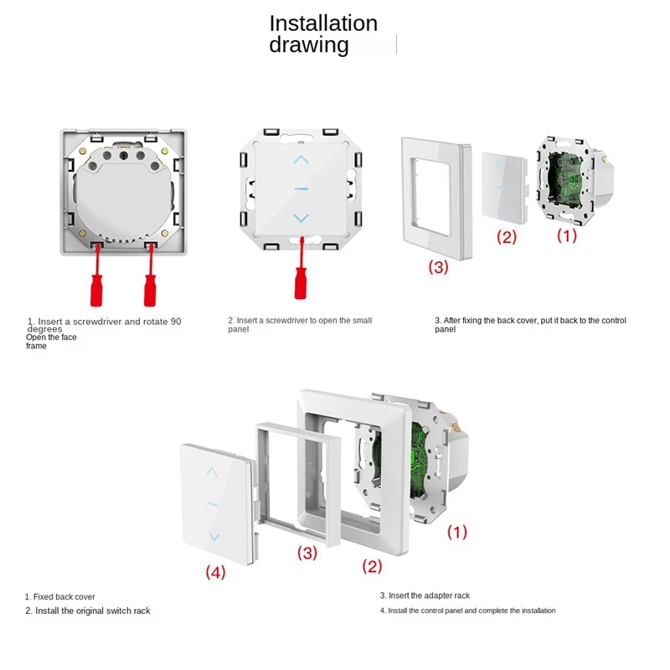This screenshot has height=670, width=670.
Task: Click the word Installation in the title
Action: click(322, 23)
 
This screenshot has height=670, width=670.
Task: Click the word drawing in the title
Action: click(308, 45)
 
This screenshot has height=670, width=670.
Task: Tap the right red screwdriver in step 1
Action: click(151, 283)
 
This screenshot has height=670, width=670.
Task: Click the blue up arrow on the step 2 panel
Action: click(301, 159)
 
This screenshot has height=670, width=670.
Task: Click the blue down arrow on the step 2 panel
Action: click(301, 219)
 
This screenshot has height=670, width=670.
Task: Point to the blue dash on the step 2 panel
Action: click(301, 189)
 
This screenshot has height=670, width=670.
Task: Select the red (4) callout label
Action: click(216, 572)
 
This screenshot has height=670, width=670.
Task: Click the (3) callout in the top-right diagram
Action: click(439, 267)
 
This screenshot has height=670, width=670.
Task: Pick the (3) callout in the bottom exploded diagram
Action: click(307, 553)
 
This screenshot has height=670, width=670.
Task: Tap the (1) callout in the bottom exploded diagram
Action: click(456, 531)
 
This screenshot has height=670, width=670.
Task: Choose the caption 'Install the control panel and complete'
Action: click(467, 611)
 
